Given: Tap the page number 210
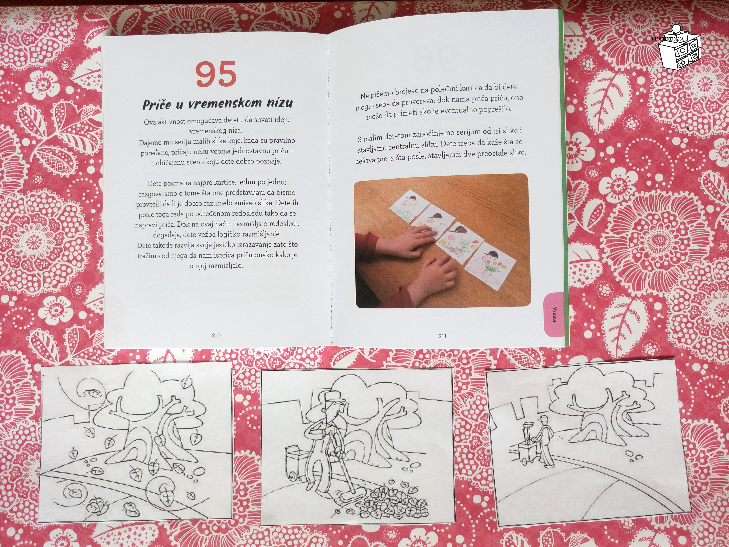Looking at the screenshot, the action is (216, 335).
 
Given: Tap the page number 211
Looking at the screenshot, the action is (443, 336).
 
